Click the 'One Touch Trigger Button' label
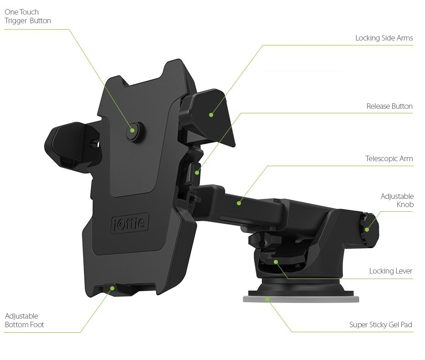pyautogui.click(x=28, y=16)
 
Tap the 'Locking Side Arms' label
pyautogui.click(x=384, y=38)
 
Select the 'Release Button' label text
pyautogui.click(x=389, y=106)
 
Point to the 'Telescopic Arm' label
pyautogui.click(x=389, y=159)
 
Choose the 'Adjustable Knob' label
pyautogui.click(x=397, y=201)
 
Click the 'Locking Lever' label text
pyautogui.click(x=390, y=271)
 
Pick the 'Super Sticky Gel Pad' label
pyautogui.click(x=380, y=325)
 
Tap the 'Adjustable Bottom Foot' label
pyautogui.click(x=25, y=320)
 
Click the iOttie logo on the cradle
pyautogui.click(x=129, y=223)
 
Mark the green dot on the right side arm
pyautogui.click(x=211, y=115)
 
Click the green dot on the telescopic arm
pyautogui.click(x=239, y=203)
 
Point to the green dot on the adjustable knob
pyautogui.click(x=367, y=229)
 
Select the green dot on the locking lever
pyautogui.click(x=276, y=262)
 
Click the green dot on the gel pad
pyautogui.click(x=268, y=299)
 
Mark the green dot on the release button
pyautogui.click(x=197, y=172)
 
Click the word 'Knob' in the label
pyautogui.click(x=405, y=205)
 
